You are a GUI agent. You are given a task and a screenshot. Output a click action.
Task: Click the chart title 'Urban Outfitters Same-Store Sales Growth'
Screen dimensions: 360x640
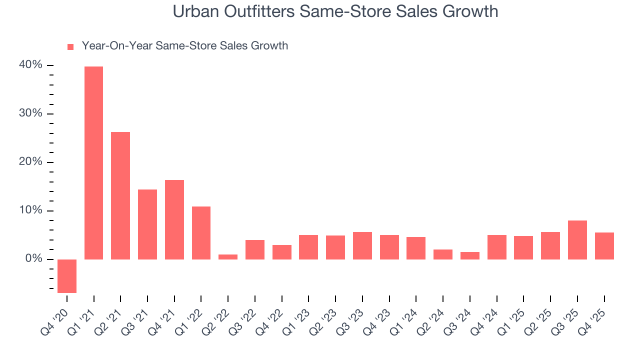[x=335, y=11]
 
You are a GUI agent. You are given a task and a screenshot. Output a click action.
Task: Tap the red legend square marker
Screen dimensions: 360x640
[x=70, y=46]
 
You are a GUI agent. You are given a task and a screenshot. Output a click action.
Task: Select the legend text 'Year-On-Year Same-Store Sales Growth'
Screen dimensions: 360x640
[x=184, y=46]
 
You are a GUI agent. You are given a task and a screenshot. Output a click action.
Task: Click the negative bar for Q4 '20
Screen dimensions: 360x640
[x=67, y=276]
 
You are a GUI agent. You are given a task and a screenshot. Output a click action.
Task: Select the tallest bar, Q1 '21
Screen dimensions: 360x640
[x=94, y=163]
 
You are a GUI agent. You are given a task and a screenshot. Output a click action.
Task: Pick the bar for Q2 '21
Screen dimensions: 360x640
[x=120, y=195]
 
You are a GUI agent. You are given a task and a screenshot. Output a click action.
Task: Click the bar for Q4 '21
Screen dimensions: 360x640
[x=174, y=219]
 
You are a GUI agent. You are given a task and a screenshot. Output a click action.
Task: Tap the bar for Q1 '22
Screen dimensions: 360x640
[x=201, y=233]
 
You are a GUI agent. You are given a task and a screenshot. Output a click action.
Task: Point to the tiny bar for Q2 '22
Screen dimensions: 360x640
[x=228, y=257]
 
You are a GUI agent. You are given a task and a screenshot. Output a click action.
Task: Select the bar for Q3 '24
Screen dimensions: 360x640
[x=470, y=255]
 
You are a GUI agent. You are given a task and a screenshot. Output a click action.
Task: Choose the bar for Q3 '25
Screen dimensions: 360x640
[x=577, y=240]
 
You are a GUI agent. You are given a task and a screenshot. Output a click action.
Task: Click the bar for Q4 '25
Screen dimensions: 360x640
[x=604, y=246]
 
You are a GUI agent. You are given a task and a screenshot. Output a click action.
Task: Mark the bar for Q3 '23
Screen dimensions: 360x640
[x=362, y=245]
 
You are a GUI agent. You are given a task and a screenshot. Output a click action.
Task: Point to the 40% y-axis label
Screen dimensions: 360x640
[x=31, y=65]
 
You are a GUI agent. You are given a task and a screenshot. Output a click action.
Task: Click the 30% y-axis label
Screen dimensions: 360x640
[x=31, y=114]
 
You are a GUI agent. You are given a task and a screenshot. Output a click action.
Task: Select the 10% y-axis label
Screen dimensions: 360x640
[x=31, y=210]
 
